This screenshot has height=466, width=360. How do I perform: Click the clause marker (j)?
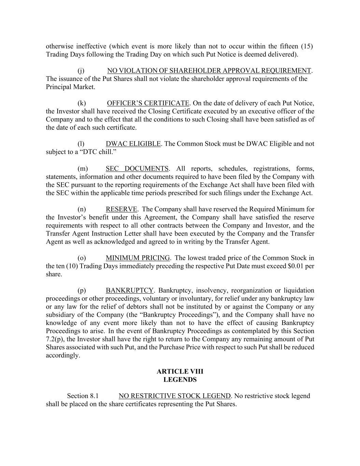tap(81, 71)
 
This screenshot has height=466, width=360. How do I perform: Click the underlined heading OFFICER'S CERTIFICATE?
tap(148, 103)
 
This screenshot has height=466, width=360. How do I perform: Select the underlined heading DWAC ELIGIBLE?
tap(133, 144)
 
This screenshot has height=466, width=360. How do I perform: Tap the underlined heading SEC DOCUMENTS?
tap(137, 169)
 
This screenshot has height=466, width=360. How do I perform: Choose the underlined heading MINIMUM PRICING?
tap(138, 258)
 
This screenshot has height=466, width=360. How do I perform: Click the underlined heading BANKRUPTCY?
tap(130, 291)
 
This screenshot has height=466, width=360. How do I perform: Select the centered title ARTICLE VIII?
tap(180, 371)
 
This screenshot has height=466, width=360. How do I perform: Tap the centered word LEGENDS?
tap(180, 380)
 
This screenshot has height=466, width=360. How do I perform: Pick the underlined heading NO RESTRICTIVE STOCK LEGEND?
tap(175, 396)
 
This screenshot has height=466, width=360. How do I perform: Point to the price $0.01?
tap(297, 266)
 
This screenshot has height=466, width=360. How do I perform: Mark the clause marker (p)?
tap(82, 291)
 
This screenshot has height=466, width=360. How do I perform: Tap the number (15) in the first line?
tap(307, 46)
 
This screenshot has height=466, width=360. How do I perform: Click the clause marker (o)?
tap(82, 258)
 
